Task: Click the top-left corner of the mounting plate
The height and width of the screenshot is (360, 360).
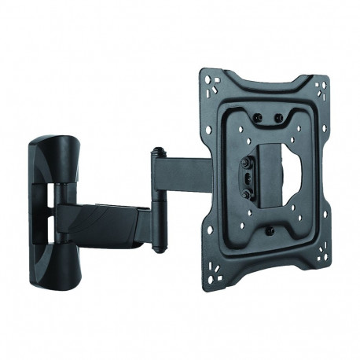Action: [x=207, y=75]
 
